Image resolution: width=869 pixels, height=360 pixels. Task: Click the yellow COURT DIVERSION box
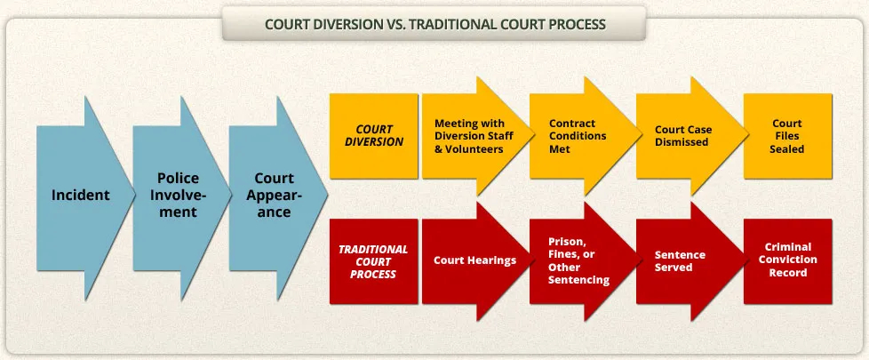[373, 136]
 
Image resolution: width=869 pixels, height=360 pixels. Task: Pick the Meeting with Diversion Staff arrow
[474, 136]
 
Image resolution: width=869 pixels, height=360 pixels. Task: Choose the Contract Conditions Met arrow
[581, 136]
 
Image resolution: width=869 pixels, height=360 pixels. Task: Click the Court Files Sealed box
[787, 136]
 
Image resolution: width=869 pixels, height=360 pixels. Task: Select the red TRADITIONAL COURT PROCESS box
[373, 261]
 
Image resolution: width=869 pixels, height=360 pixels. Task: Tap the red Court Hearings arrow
[474, 261]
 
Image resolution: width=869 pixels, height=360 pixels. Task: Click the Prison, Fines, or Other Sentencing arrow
[581, 261]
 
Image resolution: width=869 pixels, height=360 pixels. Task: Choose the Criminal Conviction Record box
[787, 261]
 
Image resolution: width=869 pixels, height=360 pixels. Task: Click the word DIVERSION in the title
[344, 24]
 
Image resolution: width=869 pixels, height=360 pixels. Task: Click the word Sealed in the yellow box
[787, 148]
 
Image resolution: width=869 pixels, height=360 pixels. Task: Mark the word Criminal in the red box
[787, 247]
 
